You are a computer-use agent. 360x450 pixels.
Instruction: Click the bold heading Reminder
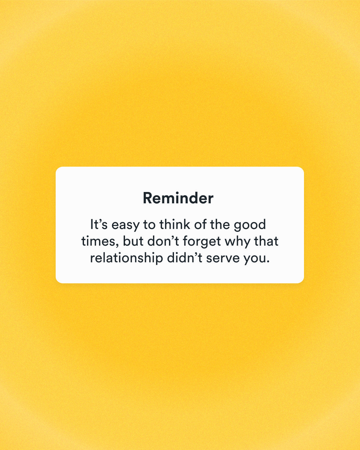click(x=178, y=198)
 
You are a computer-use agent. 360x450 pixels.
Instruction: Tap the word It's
click(x=99, y=224)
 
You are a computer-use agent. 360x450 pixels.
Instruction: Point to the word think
click(x=175, y=224)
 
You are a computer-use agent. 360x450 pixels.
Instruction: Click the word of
click(x=200, y=224)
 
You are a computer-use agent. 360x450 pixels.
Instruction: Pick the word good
click(x=250, y=225)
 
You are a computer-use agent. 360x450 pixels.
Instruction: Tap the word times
click(x=98, y=241)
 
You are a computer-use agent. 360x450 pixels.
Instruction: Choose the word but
click(x=133, y=241)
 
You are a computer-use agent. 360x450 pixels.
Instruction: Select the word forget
click(x=202, y=242)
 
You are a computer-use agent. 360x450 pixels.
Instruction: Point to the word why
click(x=237, y=242)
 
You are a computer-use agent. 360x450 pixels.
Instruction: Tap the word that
click(x=266, y=241)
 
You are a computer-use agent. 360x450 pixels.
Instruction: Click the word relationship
click(x=127, y=258)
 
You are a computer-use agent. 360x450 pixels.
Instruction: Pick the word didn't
click(x=185, y=258)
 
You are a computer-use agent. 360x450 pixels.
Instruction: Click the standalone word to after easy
click(x=149, y=225)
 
